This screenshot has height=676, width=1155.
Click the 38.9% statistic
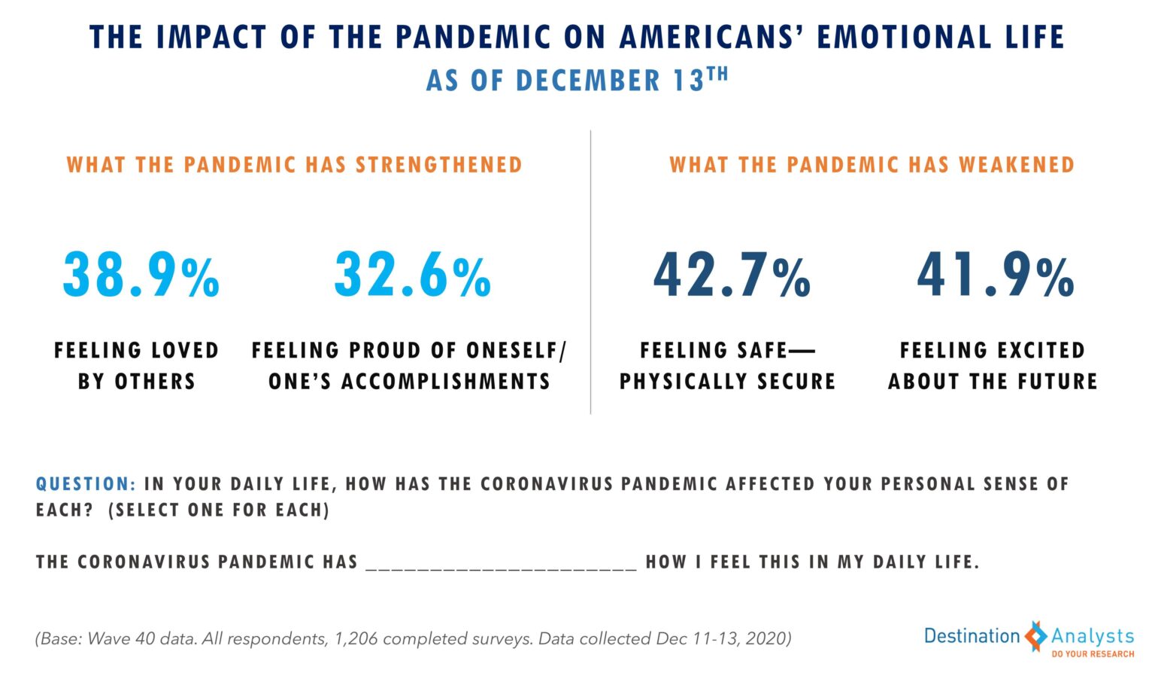[x=141, y=275]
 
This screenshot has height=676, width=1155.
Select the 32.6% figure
[x=413, y=275]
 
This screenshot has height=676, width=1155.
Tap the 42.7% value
[x=732, y=275]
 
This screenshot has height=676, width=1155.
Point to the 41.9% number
[x=996, y=275]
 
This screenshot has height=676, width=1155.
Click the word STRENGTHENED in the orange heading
[x=438, y=165]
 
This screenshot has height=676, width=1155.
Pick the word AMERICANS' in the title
[x=711, y=38]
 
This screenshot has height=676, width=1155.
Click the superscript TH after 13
[x=717, y=74]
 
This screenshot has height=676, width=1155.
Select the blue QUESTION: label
[x=86, y=484]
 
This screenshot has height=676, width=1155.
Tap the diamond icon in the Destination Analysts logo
[x=1035, y=637]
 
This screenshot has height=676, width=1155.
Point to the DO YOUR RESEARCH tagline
[x=1093, y=654]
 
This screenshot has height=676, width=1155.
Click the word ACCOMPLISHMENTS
[x=446, y=382]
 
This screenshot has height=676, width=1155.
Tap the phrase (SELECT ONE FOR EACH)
[x=219, y=510]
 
